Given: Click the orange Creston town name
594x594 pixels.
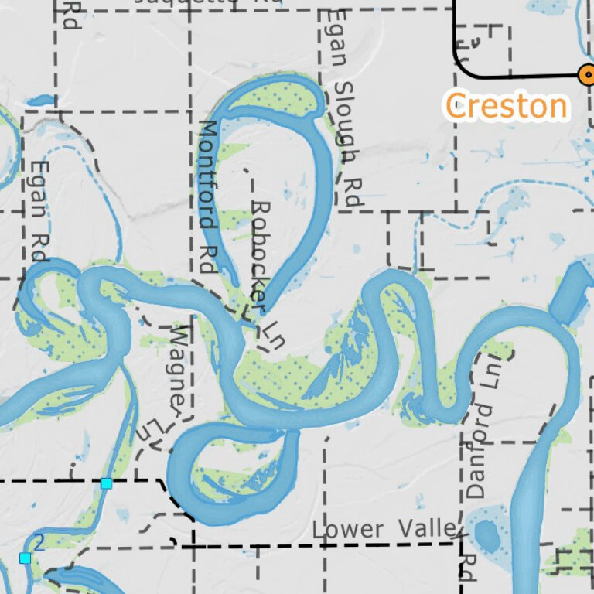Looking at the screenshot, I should (507, 106).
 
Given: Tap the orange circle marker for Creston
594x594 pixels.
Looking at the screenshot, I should (587, 74).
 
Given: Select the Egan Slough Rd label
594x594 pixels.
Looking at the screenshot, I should (344, 108).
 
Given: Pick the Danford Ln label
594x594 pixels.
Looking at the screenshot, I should (482, 425).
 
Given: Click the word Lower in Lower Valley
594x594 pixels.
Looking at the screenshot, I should (348, 530).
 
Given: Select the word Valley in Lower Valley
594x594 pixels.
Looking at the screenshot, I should (428, 529).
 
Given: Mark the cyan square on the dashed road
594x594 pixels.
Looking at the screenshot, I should (107, 483).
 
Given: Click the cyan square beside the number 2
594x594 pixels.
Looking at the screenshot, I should (26, 558).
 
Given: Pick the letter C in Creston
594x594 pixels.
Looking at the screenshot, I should (456, 106).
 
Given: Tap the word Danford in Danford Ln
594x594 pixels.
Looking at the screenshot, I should (480, 449).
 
